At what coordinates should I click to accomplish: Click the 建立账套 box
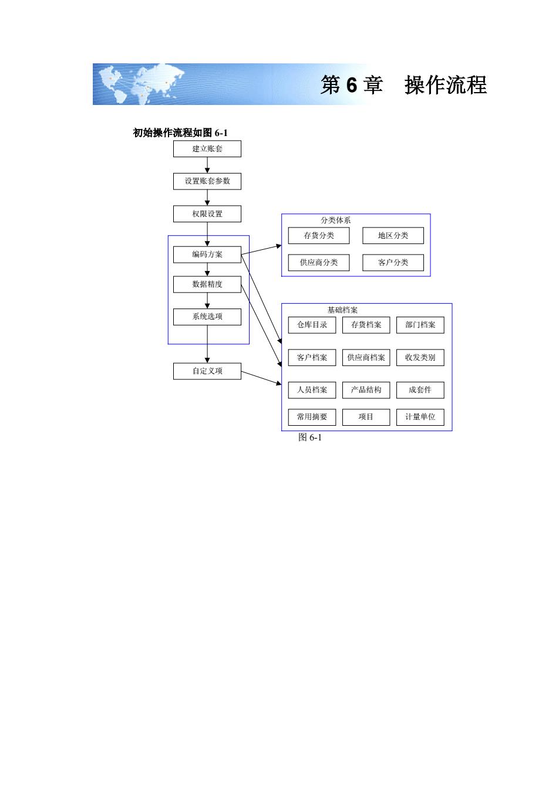pyautogui.click(x=207, y=149)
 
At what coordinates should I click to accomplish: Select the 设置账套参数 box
pyautogui.click(x=207, y=181)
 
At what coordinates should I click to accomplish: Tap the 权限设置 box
pyautogui.click(x=207, y=213)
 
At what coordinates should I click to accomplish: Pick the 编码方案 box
pyautogui.click(x=207, y=255)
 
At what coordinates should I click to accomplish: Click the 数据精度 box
pyautogui.click(x=207, y=284)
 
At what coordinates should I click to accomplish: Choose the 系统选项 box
pyautogui.click(x=207, y=317)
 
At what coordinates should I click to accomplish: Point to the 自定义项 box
pyautogui.click(x=207, y=371)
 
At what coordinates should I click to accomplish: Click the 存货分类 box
pyautogui.click(x=318, y=236)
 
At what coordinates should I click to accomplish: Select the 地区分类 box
pyautogui.click(x=393, y=236)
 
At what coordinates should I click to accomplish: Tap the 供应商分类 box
pyautogui.click(x=318, y=262)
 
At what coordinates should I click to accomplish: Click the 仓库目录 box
pyautogui.click(x=312, y=325)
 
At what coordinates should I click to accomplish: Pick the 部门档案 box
pyautogui.click(x=420, y=325)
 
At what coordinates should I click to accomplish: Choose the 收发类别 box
pyautogui.click(x=420, y=357)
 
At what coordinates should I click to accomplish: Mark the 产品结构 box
pyautogui.click(x=366, y=389)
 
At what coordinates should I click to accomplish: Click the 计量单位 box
pyautogui.click(x=420, y=417)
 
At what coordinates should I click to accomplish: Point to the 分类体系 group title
pyautogui.click(x=335, y=221)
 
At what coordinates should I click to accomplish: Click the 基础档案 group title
pyautogui.click(x=342, y=310)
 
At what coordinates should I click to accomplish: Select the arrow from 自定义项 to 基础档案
pyautogui.click(x=261, y=378)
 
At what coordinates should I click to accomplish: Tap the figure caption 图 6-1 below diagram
pyautogui.click(x=309, y=438)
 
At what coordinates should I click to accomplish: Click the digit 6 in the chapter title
pyautogui.click(x=351, y=85)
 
